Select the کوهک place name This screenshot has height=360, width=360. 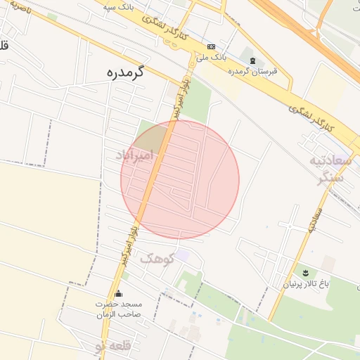click(157, 259)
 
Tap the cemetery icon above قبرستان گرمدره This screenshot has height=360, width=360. click(252, 60)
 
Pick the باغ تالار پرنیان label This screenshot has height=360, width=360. click(306, 284)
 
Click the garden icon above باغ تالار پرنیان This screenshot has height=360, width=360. click(306, 272)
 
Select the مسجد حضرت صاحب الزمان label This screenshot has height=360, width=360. click(120, 309)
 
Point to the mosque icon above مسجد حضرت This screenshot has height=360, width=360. click(117, 294)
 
